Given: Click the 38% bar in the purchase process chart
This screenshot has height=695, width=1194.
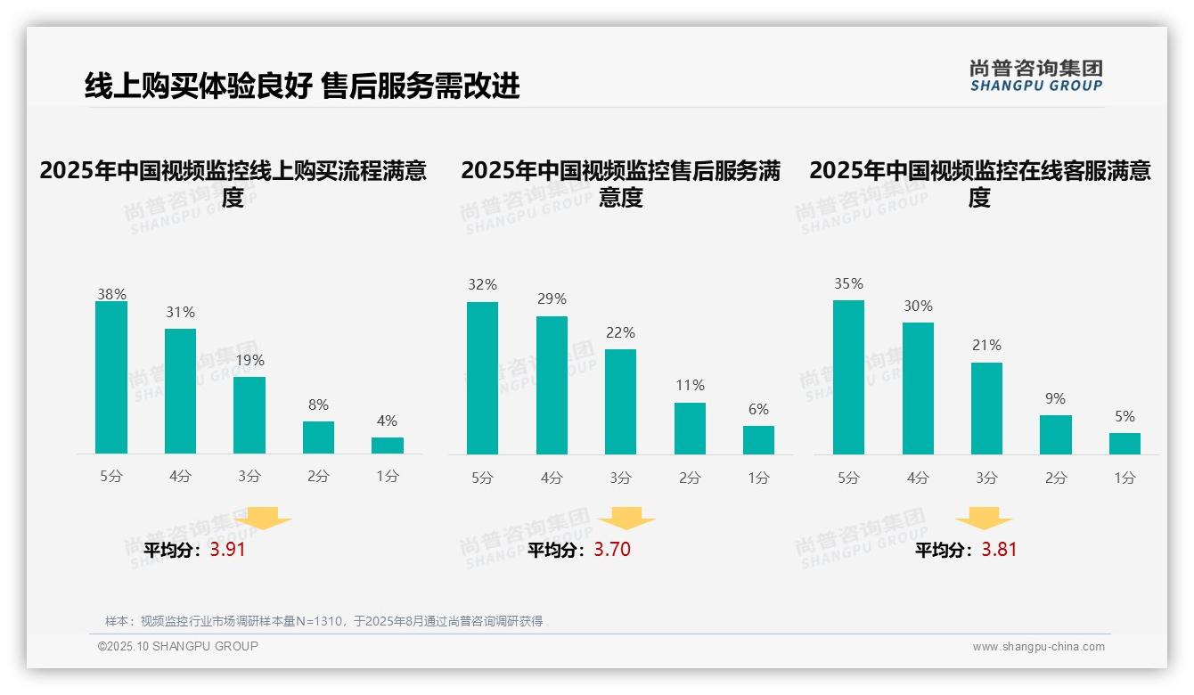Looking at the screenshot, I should (111, 378).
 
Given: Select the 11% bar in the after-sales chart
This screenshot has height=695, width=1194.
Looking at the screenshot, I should (690, 429).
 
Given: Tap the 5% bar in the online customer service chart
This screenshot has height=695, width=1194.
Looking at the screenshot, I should (1124, 444).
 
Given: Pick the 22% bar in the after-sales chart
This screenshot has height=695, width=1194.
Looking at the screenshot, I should (620, 402).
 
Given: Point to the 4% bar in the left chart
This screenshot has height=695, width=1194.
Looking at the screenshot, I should (388, 446).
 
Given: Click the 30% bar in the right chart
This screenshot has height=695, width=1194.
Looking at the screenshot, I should (918, 388).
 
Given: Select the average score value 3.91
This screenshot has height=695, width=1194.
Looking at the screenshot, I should (227, 550).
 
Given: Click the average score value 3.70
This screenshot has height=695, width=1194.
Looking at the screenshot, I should (612, 550).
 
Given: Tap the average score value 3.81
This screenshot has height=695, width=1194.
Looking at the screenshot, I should (999, 550).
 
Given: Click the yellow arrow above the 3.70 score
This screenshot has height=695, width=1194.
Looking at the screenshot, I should (626, 519).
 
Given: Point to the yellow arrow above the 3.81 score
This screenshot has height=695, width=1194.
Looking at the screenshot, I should (984, 519).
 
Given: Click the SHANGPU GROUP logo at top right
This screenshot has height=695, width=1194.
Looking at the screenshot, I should (1035, 76).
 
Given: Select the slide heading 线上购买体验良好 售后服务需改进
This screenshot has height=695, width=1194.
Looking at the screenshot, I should (302, 86).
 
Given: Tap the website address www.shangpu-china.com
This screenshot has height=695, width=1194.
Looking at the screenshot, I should (1038, 647).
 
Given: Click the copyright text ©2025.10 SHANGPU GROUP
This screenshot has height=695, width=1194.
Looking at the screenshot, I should (178, 646).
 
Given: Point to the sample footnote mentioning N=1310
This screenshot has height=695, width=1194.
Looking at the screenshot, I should (323, 621).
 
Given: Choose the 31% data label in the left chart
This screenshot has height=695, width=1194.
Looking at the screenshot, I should (180, 313).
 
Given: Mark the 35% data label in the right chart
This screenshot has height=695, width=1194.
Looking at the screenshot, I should (848, 284).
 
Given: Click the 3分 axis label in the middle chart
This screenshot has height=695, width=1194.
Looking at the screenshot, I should (620, 478).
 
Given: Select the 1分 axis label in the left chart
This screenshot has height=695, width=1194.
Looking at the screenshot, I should (388, 476).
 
